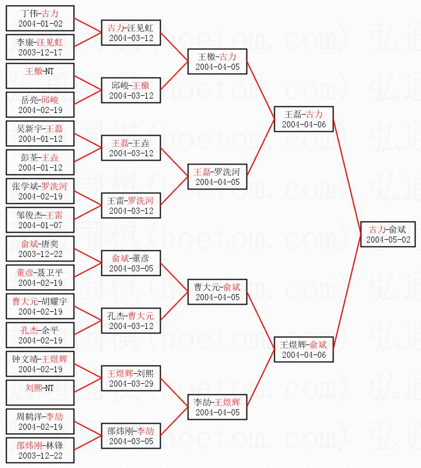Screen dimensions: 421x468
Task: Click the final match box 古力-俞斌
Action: coord(388,234)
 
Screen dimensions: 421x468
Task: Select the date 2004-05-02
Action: coord(388,240)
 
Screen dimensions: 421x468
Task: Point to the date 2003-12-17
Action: coord(40,53)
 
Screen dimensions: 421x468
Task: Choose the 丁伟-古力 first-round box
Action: coord(40,18)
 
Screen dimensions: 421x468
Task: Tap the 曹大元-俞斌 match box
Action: coord(217,292)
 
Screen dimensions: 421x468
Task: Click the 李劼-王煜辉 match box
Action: coord(217,407)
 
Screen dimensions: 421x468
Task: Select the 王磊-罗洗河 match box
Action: coord(217,177)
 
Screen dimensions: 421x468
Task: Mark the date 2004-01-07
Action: coord(40,225)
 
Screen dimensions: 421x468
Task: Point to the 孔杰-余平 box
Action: coord(40,335)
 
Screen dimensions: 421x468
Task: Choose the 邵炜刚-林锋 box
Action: coord(40,450)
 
